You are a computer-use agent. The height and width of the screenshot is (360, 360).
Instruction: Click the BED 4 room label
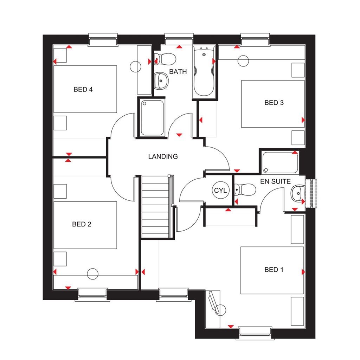coord(83,89)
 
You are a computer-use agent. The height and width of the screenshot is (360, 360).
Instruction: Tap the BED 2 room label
coord(82,224)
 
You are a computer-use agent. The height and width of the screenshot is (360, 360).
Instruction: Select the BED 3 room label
coord(274,103)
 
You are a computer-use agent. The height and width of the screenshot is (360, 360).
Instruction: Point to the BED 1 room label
coord(274,270)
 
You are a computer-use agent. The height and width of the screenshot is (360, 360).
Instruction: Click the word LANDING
coord(163,156)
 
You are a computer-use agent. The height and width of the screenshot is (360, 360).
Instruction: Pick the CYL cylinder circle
coord(221,191)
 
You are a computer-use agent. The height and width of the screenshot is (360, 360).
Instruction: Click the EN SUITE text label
coord(276,181)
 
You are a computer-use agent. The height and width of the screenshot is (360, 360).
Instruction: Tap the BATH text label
coord(178,72)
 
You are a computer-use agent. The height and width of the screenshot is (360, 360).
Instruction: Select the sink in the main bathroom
coord(161,81)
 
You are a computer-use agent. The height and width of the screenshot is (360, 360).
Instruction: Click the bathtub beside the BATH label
coord(204,72)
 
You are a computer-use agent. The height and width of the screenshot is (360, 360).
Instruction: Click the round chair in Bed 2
coord(93,274)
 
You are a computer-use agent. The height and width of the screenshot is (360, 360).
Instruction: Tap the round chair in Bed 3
coord(244,61)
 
